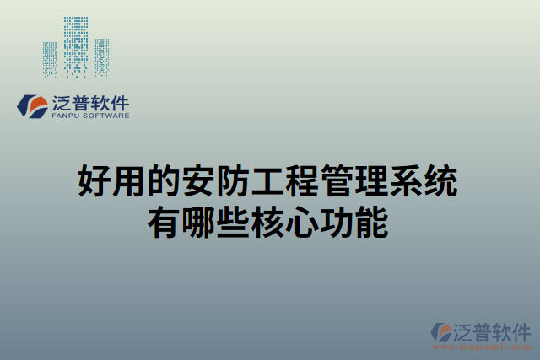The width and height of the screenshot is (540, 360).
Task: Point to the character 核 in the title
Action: pos(262,223)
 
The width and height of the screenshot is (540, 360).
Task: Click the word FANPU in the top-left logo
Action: pos(63,116)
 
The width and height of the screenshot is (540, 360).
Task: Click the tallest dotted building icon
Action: pos(76,46)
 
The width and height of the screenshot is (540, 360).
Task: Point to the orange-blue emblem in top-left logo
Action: pos(34,105)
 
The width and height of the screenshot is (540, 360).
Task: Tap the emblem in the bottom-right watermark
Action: pos(441,332)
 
